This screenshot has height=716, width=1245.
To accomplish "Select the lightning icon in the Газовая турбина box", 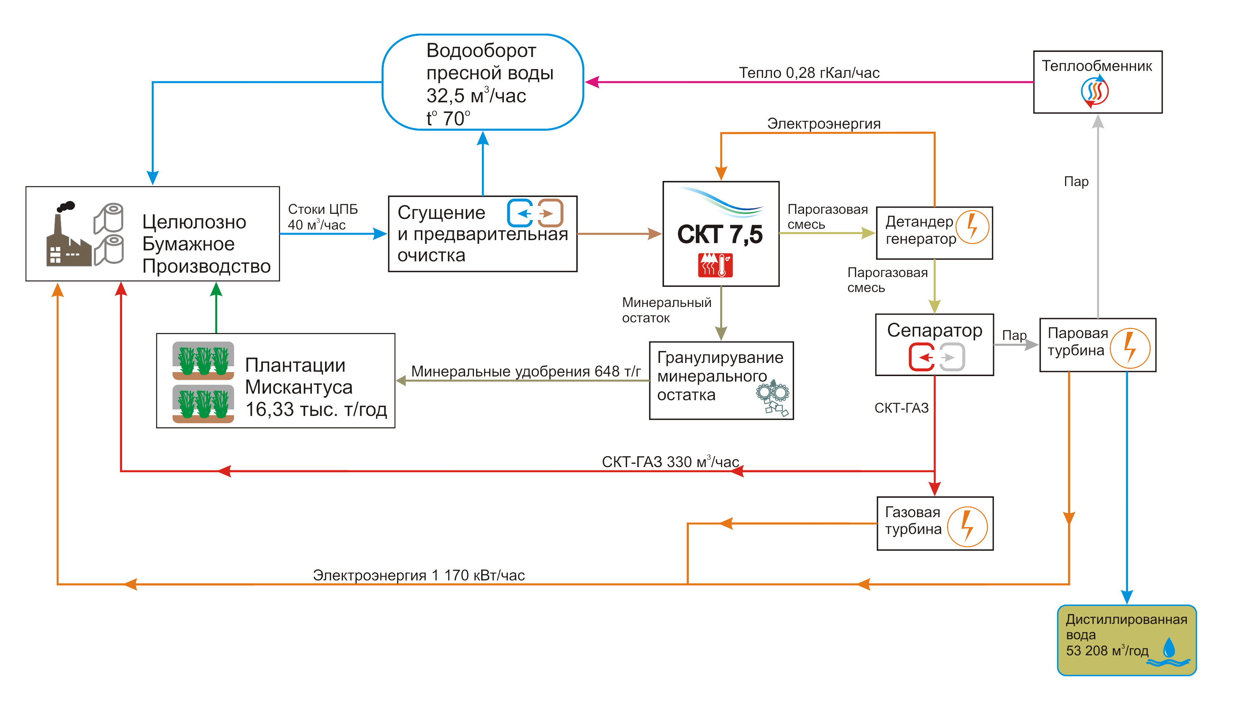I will coord(967,527).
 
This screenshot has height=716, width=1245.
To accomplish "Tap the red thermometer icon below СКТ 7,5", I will coord(715,266).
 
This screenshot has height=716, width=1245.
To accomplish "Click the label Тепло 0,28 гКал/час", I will coord(809,73).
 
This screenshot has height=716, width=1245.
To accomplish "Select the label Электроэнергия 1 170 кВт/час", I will coord(419,575).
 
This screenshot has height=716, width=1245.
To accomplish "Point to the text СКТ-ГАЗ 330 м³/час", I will coord(670,462).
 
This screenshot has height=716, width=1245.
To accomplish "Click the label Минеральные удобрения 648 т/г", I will coord(525,371).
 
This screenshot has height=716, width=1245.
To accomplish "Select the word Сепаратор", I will coord(934,330).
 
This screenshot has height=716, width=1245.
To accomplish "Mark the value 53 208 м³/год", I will coord(1107,651).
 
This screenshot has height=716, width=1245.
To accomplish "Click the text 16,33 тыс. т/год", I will coord(316,409).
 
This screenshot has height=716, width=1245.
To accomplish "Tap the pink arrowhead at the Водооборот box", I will coord(591,82).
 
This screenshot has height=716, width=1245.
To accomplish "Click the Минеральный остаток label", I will coord(666,310).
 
